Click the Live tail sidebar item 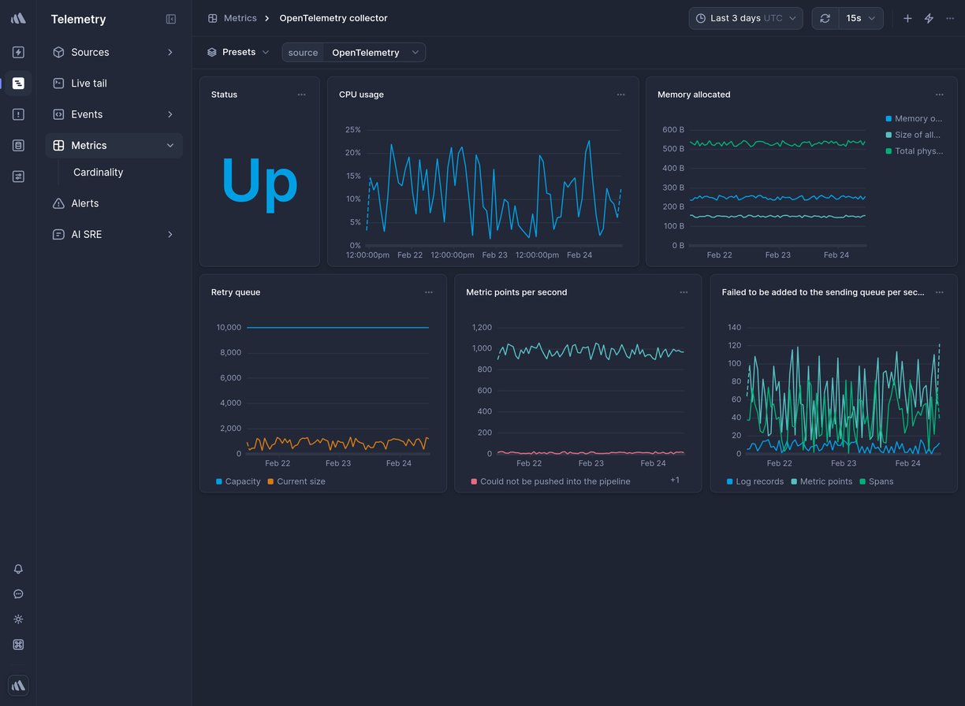point(88,84)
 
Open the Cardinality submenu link point(98,173)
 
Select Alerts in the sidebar point(84,203)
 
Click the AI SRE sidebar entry point(86,235)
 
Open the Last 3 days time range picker point(745,18)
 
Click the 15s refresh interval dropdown point(860,18)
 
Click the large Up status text point(259,181)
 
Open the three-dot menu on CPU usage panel point(620,95)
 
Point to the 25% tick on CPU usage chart point(352,130)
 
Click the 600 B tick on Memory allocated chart point(673,130)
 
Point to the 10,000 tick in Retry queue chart point(229,328)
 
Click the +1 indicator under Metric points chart point(674,480)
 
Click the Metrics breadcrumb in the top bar point(240,18)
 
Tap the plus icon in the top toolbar point(907,18)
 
